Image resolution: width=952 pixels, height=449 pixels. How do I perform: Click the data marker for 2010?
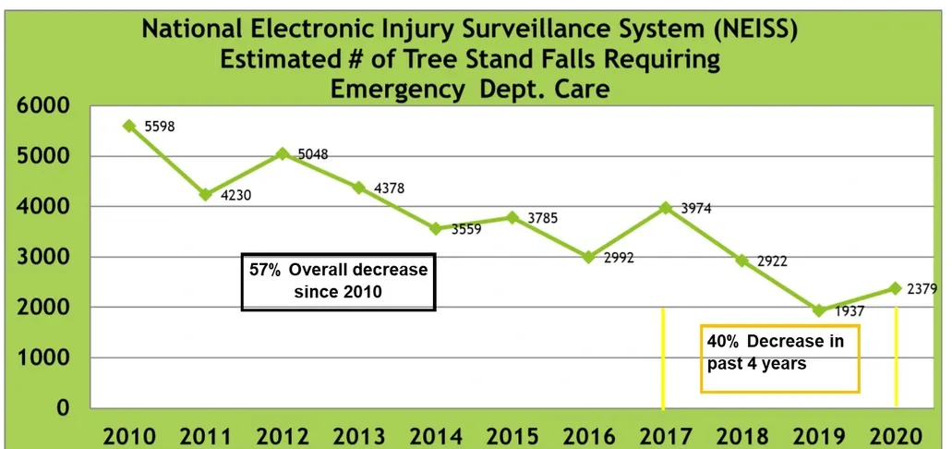point(129,126)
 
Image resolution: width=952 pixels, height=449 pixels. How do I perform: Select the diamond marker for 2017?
point(666,208)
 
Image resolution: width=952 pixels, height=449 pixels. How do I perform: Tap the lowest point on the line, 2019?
point(818,310)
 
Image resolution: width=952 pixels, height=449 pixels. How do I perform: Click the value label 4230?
point(236,195)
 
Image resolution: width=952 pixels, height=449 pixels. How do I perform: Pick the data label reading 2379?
point(922,289)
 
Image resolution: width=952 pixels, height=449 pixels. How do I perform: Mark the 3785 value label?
point(542,219)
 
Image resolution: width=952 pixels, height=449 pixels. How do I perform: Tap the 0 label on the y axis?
point(63,407)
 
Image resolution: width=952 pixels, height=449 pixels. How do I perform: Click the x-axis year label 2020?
point(896,435)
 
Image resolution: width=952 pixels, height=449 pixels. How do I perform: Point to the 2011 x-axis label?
point(206,435)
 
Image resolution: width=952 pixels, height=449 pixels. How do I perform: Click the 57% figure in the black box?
point(267,270)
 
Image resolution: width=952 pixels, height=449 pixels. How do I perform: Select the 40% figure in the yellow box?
point(724,342)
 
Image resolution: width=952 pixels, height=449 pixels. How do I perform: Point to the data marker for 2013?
point(359,188)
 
